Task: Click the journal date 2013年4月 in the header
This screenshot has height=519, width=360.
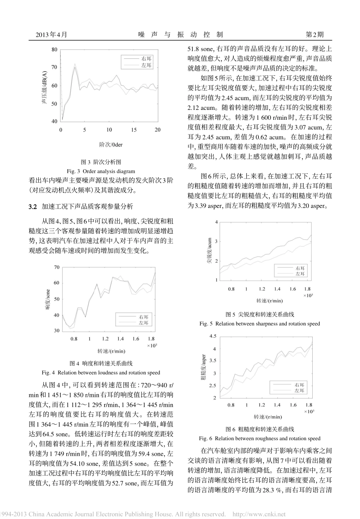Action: [x=52, y=34]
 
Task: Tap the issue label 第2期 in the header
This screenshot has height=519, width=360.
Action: [x=315, y=34]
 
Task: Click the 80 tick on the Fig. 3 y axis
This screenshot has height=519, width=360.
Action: [x=55, y=49]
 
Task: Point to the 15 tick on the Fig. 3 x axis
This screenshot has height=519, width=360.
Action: [x=134, y=130]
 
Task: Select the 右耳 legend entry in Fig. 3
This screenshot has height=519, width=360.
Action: [x=146, y=59]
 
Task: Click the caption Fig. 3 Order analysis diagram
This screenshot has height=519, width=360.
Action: [x=101, y=171]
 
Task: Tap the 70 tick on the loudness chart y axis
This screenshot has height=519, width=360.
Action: [x=56, y=267]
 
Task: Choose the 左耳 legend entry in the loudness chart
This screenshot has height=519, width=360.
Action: [x=144, y=323]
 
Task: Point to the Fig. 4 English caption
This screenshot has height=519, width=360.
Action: [x=101, y=372]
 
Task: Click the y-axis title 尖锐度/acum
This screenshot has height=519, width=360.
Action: [x=209, y=251]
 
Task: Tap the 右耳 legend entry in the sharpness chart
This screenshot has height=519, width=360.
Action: [x=300, y=268]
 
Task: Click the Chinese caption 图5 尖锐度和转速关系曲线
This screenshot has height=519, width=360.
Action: [x=260, y=314]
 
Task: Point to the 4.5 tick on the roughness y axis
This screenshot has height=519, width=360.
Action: [x=213, y=336]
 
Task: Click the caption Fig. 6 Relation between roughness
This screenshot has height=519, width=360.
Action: [x=260, y=438]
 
